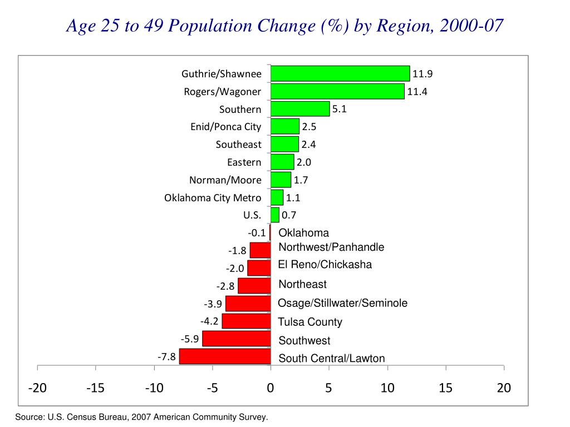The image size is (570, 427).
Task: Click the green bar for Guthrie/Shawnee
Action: pyautogui.click(x=340, y=74)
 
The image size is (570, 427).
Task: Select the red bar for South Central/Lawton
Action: pyautogui.click(x=225, y=357)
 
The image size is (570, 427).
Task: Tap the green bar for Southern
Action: pyautogui.click(x=300, y=109)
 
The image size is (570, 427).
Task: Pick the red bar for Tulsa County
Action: pyautogui.click(x=246, y=321)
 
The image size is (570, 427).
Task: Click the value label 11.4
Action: pyautogui.click(x=417, y=92)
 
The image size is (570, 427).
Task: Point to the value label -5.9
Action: pyautogui.click(x=190, y=339)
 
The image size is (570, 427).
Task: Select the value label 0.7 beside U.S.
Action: pyautogui.click(x=289, y=215)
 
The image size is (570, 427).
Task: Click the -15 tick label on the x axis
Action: pyautogui.click(x=96, y=388)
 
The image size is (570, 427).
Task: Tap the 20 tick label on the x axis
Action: pyautogui.click(x=503, y=388)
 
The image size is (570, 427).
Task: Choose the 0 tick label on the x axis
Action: pyautogui.click(x=271, y=388)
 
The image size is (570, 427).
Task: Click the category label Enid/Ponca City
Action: pyautogui.click(x=225, y=127)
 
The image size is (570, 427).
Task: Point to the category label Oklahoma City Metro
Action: pyautogui.click(x=213, y=198)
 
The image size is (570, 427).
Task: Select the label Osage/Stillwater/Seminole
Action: pyautogui.click(x=342, y=303)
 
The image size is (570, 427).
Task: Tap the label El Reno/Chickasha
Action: pyautogui.click(x=325, y=264)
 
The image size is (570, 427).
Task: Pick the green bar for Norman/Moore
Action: pyautogui.click(x=281, y=180)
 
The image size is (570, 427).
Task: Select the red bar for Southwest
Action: pyautogui.click(x=237, y=339)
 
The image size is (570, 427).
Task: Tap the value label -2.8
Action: pyautogui.click(x=225, y=286)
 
